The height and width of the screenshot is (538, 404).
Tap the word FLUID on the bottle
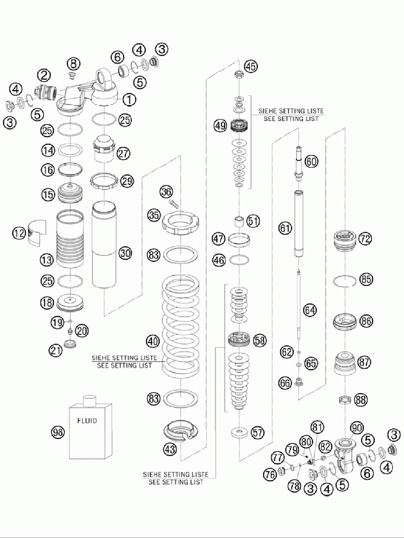(x=87, y=421)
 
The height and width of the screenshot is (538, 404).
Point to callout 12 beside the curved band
(x=18, y=233)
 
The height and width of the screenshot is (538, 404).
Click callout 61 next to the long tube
(x=285, y=229)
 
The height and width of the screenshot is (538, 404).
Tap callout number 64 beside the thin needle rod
(x=310, y=310)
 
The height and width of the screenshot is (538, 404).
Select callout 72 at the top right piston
(x=365, y=239)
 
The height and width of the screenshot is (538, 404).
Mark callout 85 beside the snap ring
(x=367, y=279)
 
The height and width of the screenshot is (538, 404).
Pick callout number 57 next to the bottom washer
(x=257, y=433)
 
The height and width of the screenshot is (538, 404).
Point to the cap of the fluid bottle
(x=88, y=400)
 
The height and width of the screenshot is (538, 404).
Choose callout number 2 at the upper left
(x=44, y=75)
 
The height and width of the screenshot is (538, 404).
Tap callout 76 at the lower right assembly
(x=270, y=474)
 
